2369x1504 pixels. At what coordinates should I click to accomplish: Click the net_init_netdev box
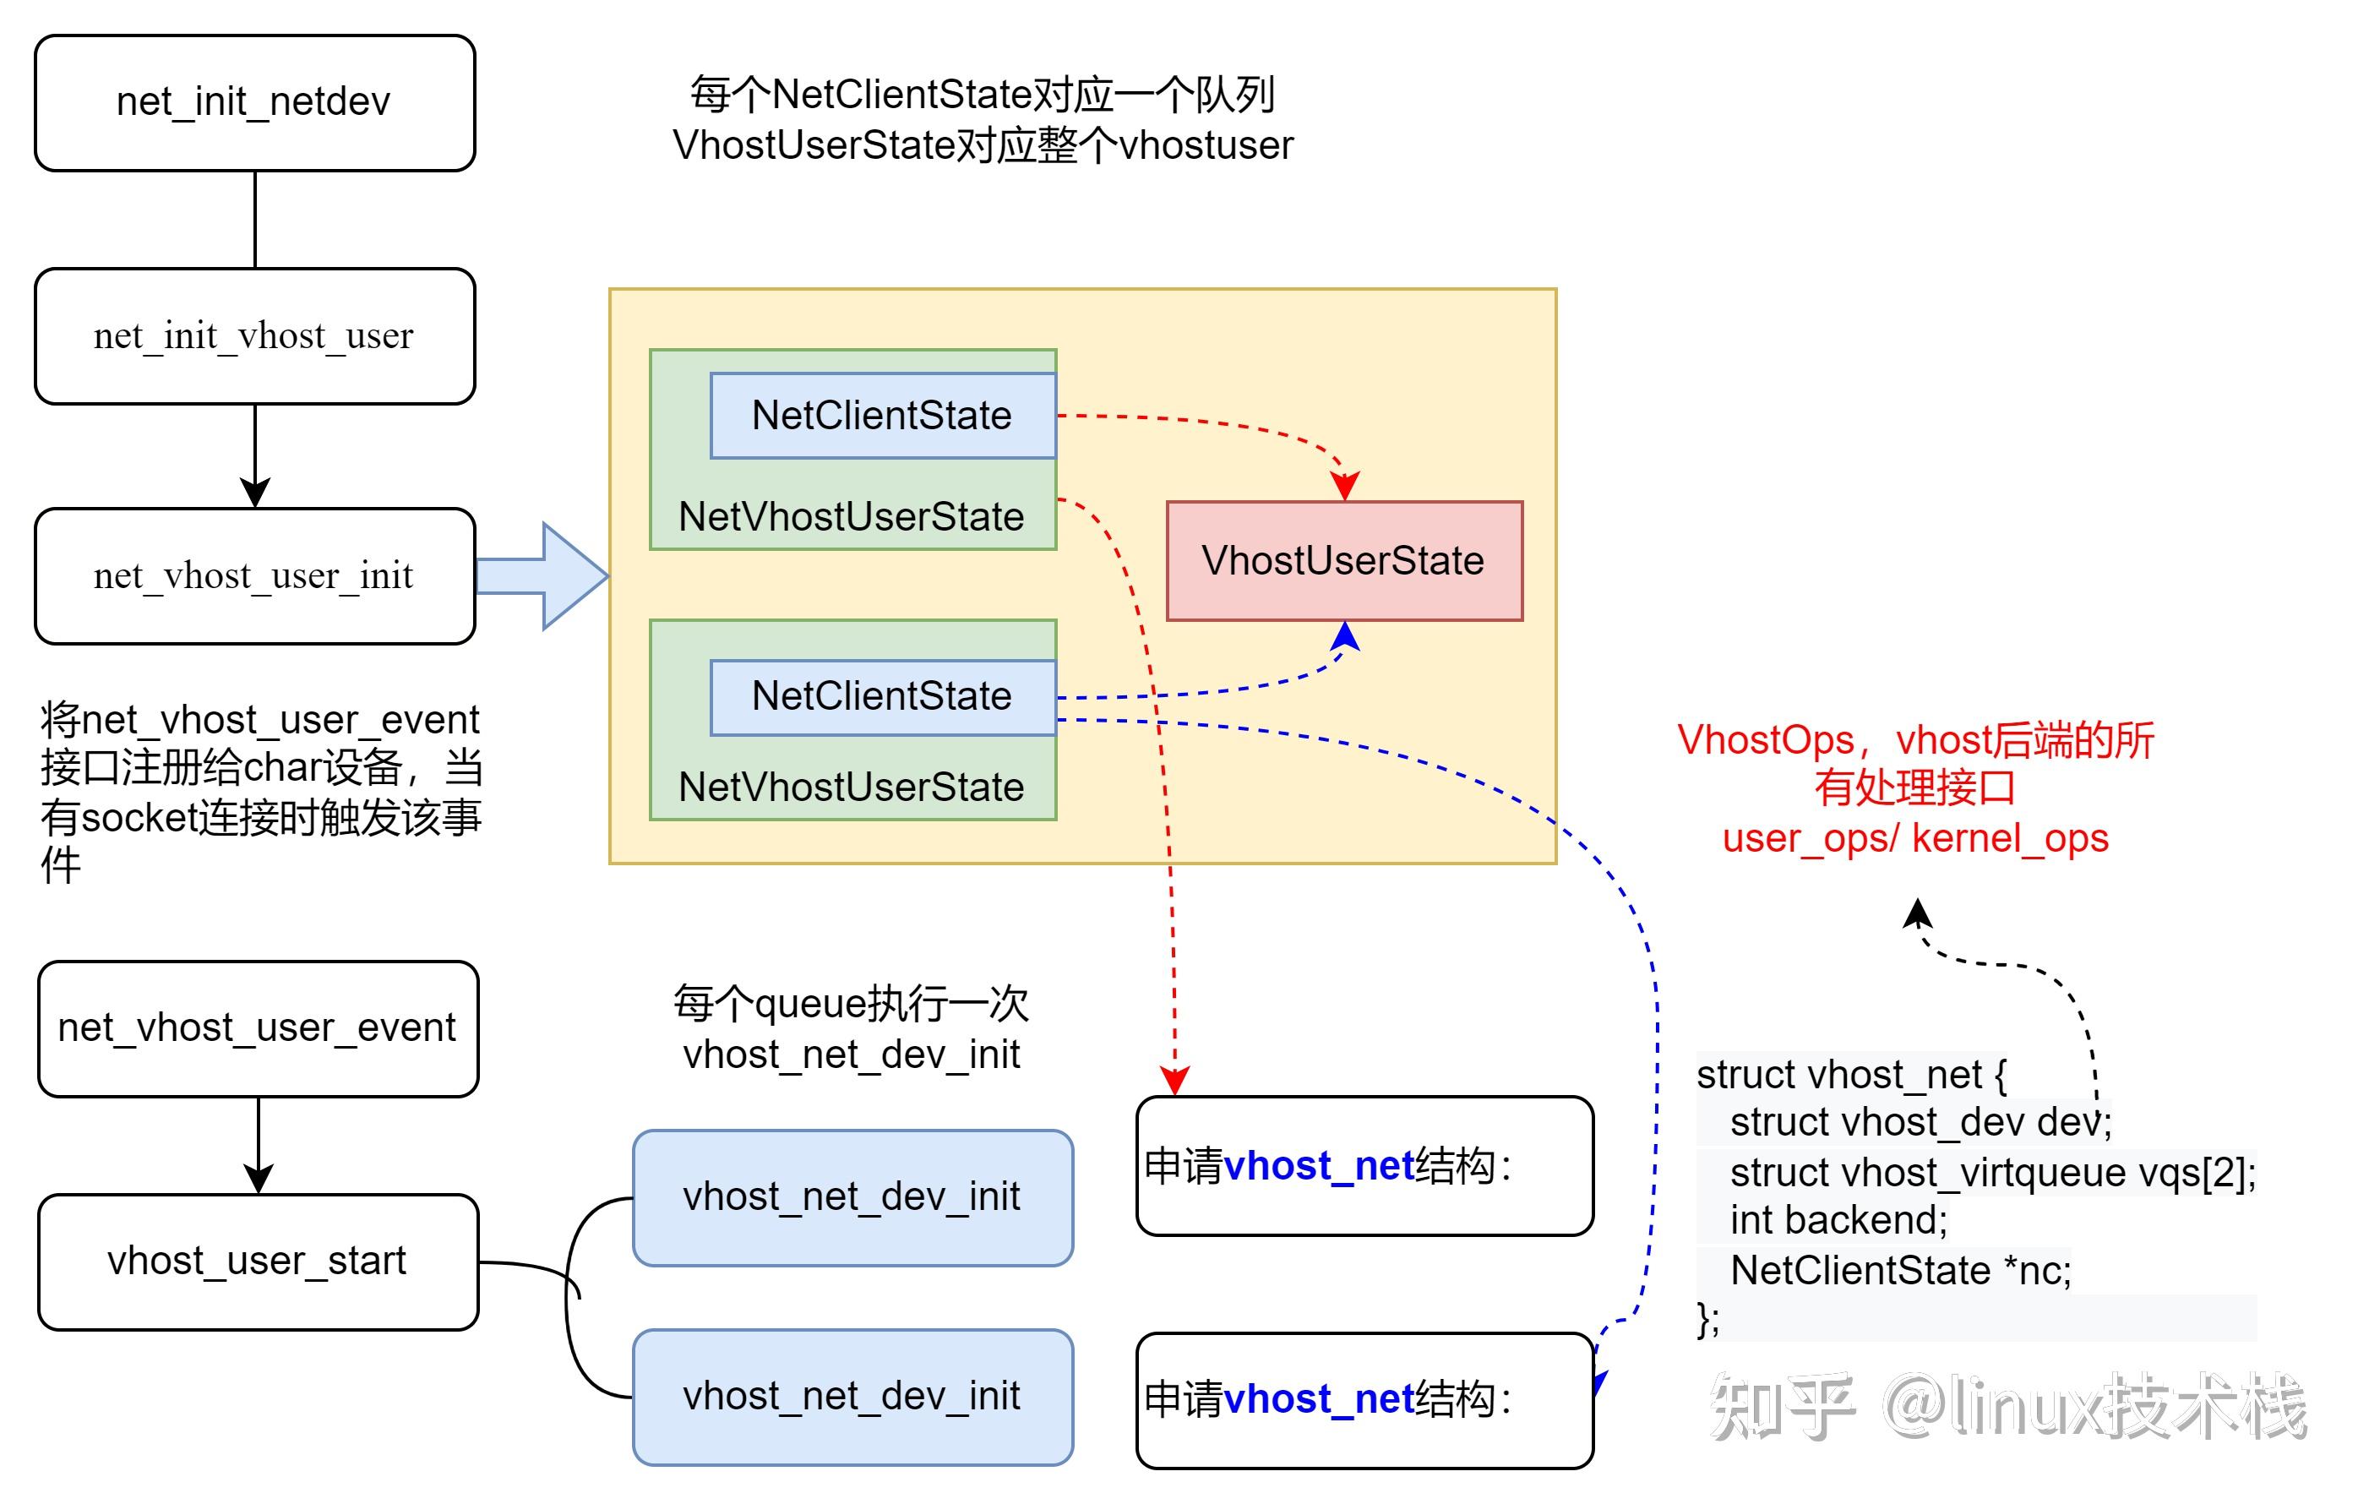pos(253,102)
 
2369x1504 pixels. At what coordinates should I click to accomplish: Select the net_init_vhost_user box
pos(253,335)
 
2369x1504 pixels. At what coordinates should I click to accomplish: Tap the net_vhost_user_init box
pos(253,575)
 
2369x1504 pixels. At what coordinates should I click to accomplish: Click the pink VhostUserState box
pos(1344,561)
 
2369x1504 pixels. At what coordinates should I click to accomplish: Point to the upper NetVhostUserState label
pos(851,517)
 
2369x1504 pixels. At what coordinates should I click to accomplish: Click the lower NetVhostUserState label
pos(851,787)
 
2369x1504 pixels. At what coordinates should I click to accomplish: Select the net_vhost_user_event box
pos(257,1028)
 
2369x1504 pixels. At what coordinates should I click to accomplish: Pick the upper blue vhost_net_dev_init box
pos(852,1197)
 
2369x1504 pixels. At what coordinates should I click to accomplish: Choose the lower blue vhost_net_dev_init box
pos(852,1396)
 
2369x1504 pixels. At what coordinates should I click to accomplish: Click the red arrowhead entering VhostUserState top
pos(1344,486)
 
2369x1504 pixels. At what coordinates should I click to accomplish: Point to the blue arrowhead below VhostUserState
pos(1345,637)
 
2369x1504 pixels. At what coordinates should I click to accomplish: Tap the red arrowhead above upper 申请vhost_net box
pos(1174,1081)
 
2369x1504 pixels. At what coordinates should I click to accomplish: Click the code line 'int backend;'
pos(1838,1221)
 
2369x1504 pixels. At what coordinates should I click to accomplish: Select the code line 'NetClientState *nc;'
pos(1900,1271)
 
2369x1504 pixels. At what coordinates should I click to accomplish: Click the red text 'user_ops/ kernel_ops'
pos(1914,839)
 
